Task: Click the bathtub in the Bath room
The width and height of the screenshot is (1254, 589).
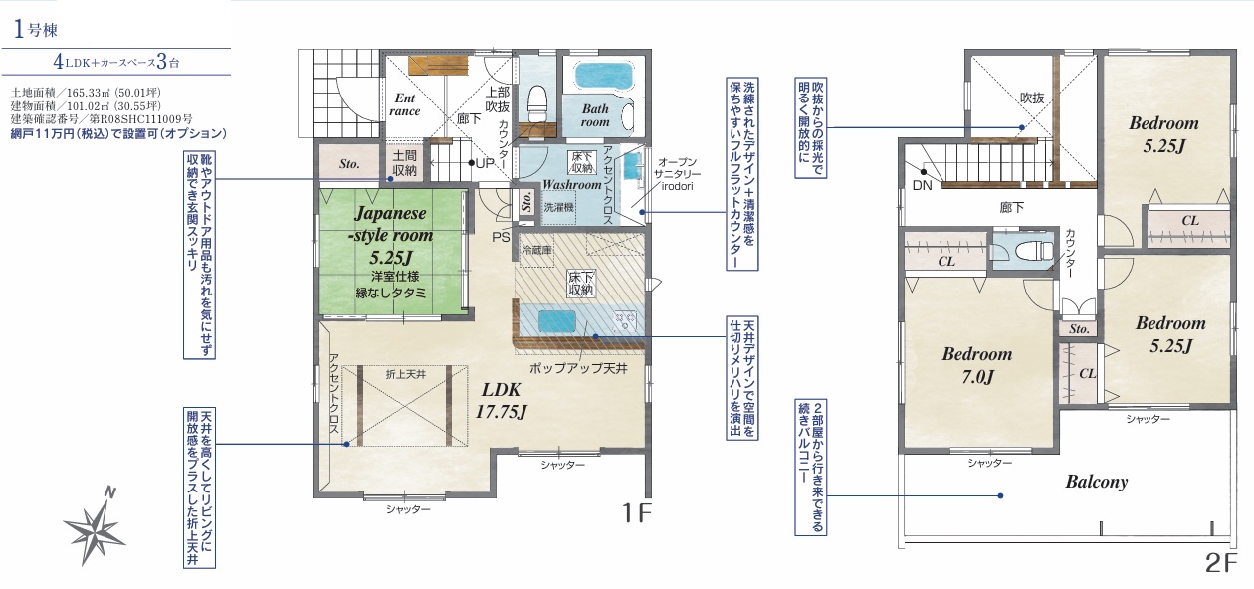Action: click(x=604, y=76)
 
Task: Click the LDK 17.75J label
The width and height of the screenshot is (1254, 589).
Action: click(x=501, y=401)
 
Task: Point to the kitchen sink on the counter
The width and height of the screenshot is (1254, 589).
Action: click(x=556, y=321)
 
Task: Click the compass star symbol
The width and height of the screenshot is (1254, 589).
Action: click(x=94, y=527)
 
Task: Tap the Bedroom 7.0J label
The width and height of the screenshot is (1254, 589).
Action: click(x=977, y=365)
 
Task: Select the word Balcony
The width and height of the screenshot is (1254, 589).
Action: click(x=1096, y=482)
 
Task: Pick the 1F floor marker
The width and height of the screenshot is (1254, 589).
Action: click(x=637, y=512)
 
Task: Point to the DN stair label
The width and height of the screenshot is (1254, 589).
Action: click(x=922, y=185)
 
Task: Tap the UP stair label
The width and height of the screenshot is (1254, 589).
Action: click(x=485, y=163)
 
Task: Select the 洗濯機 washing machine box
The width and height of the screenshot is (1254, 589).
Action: click(x=558, y=208)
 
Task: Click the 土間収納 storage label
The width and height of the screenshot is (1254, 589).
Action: click(x=404, y=163)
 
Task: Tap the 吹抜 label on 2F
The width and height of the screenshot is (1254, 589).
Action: click(x=1032, y=98)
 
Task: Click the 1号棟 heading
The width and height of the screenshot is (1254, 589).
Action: click(x=35, y=29)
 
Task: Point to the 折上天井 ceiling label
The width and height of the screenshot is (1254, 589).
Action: click(x=406, y=374)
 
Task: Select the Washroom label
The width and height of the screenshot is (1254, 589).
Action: click(x=571, y=184)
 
